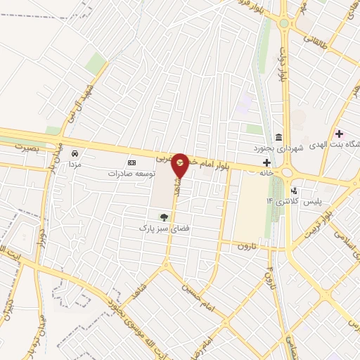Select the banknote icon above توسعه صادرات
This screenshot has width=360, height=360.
pyautogui.click(x=131, y=162)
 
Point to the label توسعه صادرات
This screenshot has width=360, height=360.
pyautogui.click(x=131, y=173)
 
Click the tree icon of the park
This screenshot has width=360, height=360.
pyautogui.click(x=164, y=217)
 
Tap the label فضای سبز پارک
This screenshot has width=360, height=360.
pyautogui.click(x=164, y=229)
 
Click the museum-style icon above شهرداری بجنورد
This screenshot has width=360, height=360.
pyautogui.click(x=279, y=137)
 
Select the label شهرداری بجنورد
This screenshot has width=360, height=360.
pyautogui.click(x=279, y=148)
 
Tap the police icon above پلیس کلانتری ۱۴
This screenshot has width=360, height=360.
pyautogui.click(x=294, y=190)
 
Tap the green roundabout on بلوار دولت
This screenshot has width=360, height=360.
pyautogui.click(x=284, y=23)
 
